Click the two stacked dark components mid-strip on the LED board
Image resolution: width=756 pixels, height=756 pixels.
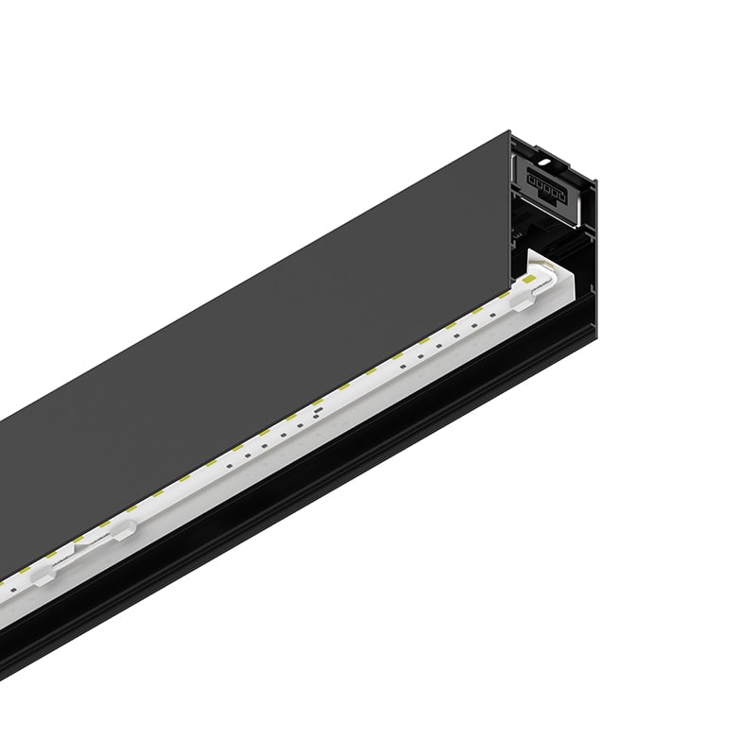[x=315, y=413]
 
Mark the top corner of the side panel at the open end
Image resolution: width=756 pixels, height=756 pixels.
[x=508, y=133]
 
